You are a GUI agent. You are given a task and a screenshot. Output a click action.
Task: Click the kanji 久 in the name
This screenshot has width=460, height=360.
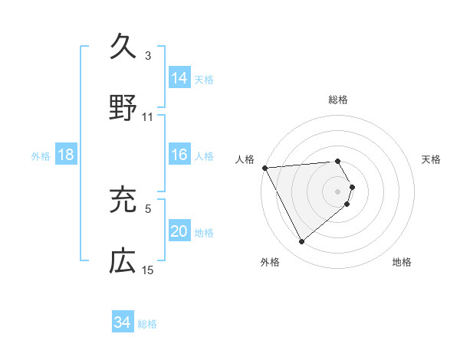point(123,47)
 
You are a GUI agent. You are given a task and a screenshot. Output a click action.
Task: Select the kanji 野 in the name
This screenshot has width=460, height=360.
point(123,106)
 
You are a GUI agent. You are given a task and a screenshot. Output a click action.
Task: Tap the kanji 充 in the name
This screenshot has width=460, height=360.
point(123,199)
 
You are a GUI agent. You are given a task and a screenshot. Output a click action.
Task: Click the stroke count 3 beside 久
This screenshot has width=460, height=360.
point(148,56)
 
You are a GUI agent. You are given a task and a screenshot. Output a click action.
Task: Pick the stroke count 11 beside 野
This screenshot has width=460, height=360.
point(148,117)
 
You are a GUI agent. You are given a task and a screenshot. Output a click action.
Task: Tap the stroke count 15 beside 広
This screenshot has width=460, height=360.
point(148,270)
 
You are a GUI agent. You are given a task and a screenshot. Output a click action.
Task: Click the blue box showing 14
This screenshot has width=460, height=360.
point(179,77)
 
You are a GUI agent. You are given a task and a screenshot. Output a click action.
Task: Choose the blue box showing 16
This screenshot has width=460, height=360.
point(179,155)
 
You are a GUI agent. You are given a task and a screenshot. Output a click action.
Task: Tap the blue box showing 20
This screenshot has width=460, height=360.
point(179,231)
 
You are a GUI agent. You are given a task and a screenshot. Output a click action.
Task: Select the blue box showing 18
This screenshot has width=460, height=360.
point(66,155)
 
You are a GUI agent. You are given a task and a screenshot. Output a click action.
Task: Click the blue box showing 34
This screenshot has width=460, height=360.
point(123,322)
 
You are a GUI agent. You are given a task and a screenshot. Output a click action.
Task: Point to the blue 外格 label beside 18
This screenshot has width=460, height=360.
point(41,155)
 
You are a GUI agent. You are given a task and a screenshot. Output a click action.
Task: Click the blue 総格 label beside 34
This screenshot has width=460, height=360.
point(147,324)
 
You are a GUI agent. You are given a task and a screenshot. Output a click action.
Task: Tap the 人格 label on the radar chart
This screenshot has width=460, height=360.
point(245,159)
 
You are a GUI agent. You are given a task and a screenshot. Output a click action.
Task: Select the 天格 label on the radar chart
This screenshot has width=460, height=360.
point(431,159)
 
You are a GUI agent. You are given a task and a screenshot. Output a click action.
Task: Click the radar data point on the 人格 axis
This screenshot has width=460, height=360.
point(264,168)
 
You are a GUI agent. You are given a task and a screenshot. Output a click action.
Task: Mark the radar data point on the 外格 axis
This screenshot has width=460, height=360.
point(302,242)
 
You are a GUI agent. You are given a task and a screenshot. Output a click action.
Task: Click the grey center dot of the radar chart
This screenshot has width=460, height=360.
point(338,191)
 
